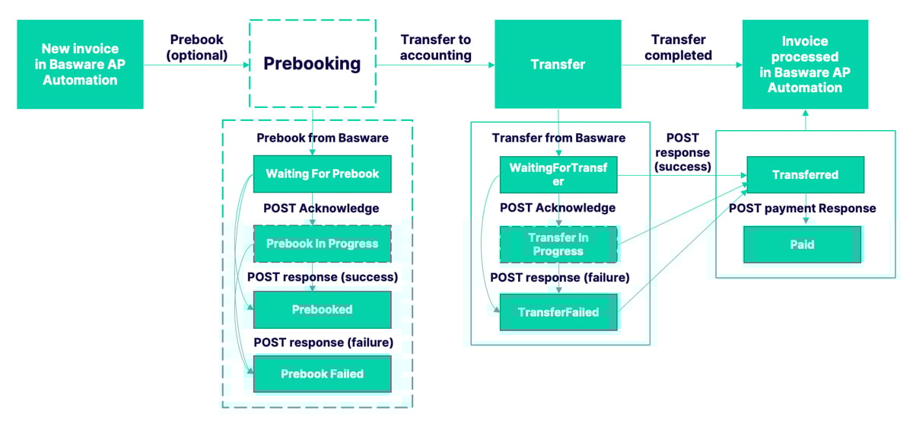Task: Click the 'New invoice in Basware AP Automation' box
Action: (x=80, y=64)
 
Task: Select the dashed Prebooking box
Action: (x=312, y=64)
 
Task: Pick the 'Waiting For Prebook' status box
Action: (x=322, y=174)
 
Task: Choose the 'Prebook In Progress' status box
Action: (x=322, y=244)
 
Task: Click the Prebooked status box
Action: (x=322, y=310)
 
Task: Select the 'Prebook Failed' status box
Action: (x=322, y=374)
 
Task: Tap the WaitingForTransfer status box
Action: (x=558, y=174)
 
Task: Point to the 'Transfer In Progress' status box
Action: (x=558, y=244)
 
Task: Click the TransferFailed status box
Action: (x=558, y=312)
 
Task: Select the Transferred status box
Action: (x=805, y=174)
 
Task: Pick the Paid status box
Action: (x=802, y=244)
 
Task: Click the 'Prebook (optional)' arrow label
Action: (x=198, y=47)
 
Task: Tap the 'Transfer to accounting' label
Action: (x=435, y=47)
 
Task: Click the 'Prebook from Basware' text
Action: (x=322, y=138)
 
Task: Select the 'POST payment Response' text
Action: (x=802, y=208)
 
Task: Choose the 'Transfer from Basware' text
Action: (x=558, y=138)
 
